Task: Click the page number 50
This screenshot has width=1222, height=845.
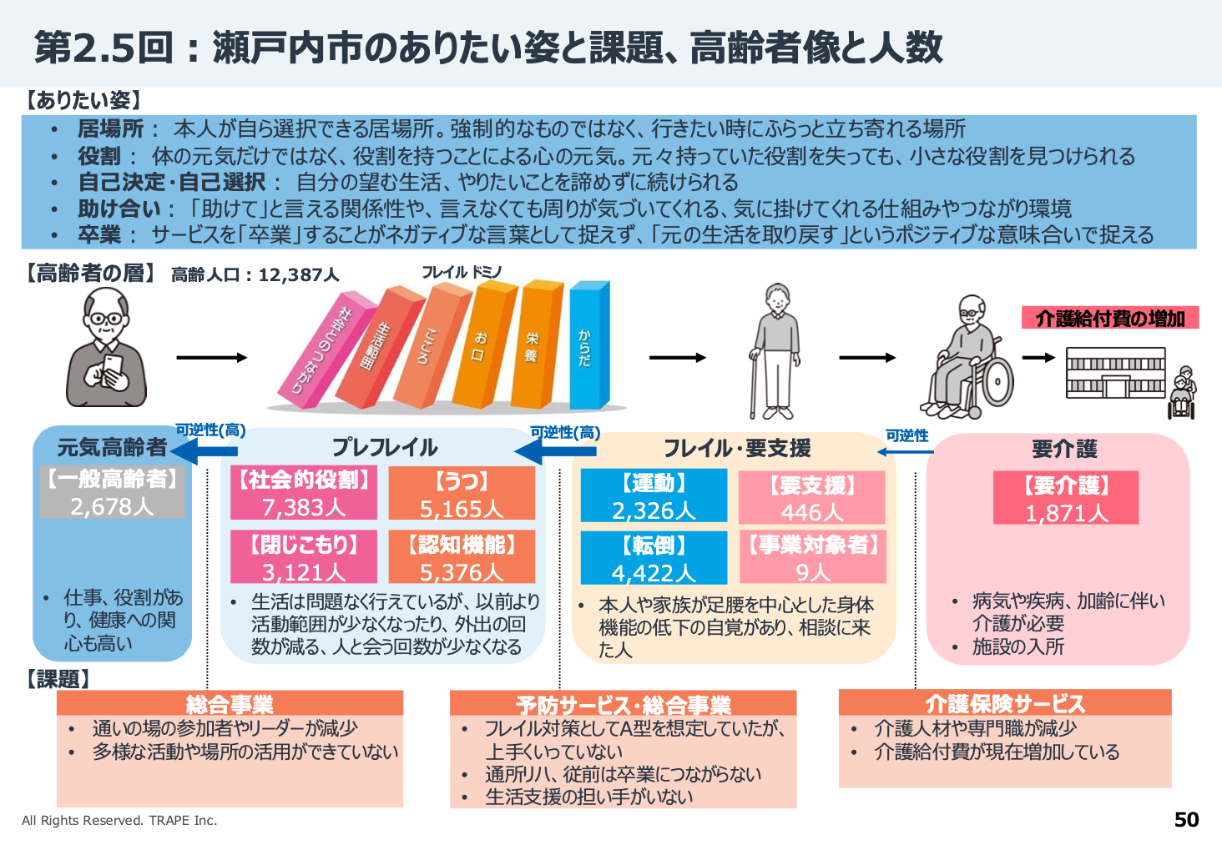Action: tap(1186, 820)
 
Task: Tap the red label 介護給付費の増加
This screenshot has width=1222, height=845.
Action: tap(1110, 318)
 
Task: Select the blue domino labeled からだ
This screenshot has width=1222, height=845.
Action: tap(588, 344)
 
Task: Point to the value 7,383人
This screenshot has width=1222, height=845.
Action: tap(304, 507)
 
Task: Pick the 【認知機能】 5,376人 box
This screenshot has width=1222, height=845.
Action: tap(462, 557)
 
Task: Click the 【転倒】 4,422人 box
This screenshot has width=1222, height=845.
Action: tap(654, 558)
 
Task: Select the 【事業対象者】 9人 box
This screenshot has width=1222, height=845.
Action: tap(812, 557)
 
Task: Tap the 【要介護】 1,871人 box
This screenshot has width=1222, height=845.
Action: tap(1066, 498)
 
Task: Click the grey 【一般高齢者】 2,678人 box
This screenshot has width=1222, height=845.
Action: tap(112, 492)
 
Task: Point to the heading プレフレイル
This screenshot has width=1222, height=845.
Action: tap(384, 448)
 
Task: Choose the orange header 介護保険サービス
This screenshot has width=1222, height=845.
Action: tap(1005, 703)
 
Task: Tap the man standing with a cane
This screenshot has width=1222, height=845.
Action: tap(776, 350)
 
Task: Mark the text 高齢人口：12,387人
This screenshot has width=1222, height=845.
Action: tap(255, 274)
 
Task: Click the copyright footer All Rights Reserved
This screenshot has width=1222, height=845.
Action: tap(119, 820)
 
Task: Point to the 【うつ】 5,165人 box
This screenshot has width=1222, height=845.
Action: tap(462, 493)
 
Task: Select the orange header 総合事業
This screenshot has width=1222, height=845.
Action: tap(230, 704)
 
